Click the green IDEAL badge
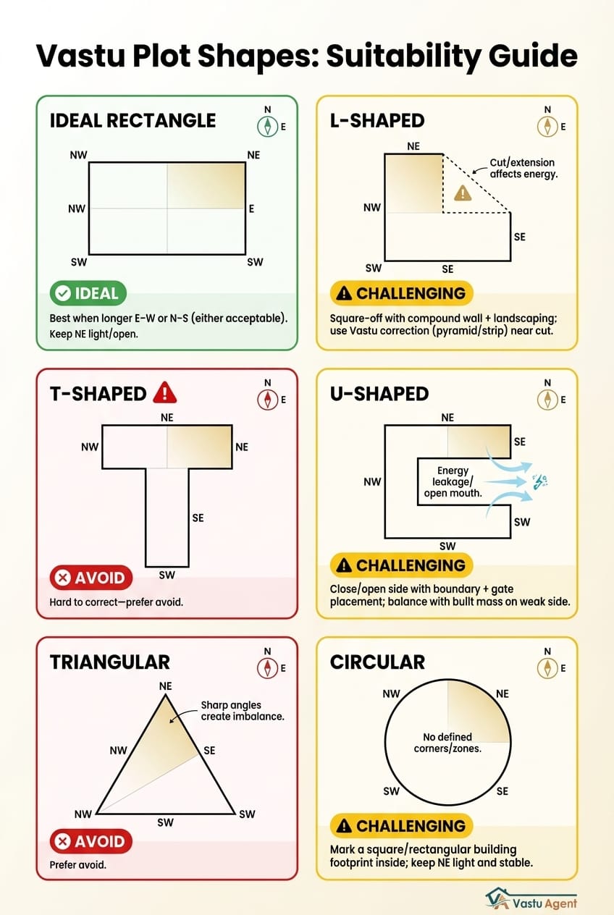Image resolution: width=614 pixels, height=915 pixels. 88,293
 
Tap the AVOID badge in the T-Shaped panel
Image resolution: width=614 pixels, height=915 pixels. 91,578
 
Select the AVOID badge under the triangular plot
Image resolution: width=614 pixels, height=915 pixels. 91,841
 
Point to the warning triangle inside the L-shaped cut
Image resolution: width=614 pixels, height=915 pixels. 461,193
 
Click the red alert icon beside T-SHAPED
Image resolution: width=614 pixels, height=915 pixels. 166,393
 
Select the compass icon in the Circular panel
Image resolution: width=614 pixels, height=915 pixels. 547,668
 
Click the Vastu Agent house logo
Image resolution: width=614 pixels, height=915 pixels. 497,898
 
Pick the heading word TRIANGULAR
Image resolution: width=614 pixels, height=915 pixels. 110,662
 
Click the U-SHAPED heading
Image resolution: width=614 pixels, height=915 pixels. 379,393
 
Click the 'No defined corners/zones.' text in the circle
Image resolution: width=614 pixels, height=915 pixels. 447,743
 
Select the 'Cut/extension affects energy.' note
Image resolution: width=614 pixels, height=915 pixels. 523,169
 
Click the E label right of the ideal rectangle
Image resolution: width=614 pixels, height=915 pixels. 252,208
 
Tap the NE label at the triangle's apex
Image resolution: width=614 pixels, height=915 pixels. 165,686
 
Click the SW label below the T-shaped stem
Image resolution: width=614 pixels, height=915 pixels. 167,574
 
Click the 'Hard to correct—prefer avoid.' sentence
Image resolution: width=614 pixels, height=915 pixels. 117,602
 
